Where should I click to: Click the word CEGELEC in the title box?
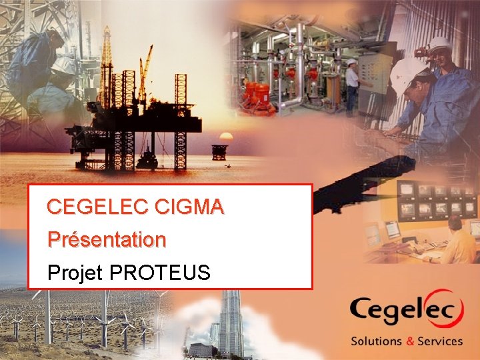click(x=97, y=207)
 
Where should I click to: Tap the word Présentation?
click(x=107, y=239)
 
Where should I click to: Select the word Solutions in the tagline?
click(x=377, y=341)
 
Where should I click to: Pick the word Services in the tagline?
click(x=439, y=341)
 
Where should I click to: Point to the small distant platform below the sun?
click(x=219, y=151)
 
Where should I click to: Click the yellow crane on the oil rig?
click(x=145, y=67)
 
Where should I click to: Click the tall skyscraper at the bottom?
click(x=231, y=323)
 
